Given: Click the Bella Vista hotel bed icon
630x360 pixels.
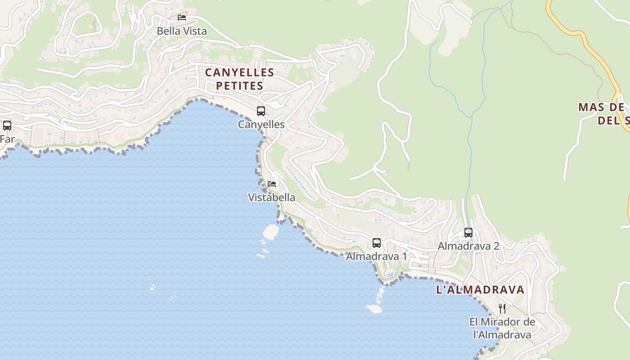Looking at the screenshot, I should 182,18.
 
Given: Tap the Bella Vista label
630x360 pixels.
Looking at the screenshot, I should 182,31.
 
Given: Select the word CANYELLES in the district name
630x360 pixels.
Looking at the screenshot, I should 239,72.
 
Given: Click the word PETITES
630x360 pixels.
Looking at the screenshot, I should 239,85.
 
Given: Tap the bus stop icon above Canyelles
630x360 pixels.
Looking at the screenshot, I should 261,111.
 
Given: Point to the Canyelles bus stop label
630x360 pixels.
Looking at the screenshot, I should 261,124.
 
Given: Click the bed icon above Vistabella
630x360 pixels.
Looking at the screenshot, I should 271,184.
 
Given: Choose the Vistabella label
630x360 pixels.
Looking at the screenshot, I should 272,197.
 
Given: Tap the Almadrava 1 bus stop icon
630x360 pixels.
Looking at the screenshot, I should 377,243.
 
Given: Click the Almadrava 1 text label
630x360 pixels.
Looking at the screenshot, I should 376,256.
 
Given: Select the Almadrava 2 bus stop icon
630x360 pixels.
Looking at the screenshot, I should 468,233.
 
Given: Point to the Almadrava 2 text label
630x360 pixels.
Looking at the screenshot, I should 468,246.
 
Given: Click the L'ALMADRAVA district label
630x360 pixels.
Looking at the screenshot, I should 480,289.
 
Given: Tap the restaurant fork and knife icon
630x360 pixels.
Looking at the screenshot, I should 502,309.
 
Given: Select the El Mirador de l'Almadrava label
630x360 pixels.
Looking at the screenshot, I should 502,328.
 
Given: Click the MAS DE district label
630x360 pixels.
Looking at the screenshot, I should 601,107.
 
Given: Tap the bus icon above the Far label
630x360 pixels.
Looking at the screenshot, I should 7,126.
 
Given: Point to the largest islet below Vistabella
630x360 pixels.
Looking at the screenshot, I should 271,231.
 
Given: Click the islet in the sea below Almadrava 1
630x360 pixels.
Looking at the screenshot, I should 374,309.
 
